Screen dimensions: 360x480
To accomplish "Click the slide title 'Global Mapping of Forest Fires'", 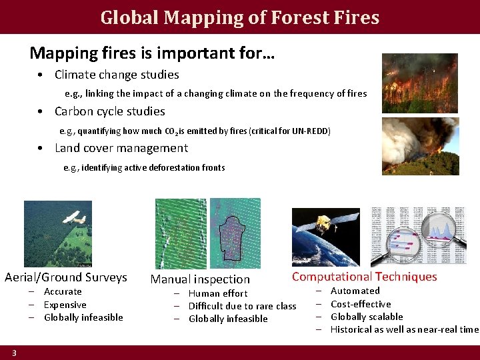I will tap(240, 17).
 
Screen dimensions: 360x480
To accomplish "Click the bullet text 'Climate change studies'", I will tap(117, 75).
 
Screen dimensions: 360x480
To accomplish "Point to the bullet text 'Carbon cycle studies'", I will tap(109, 111).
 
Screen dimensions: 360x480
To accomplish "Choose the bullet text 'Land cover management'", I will tap(121, 148).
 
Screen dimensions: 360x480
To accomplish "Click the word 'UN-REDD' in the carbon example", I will tap(311, 131).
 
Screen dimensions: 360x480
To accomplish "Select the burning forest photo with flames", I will tap(419, 83).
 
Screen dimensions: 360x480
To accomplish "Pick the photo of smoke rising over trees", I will tap(420, 146).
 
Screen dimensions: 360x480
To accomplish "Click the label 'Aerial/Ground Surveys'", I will tap(65, 277).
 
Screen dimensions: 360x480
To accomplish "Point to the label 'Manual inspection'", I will tap(200, 279).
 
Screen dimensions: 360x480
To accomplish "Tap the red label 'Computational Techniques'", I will tap(364, 277).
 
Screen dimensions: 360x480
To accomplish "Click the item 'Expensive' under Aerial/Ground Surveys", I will tap(65, 305).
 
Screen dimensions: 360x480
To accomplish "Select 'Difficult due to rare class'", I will tap(242, 306).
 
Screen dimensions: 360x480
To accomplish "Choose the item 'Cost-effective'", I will tap(361, 304).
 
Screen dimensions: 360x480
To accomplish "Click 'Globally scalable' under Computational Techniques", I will tap(367, 317).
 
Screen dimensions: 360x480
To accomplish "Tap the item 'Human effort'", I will tap(218, 293).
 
